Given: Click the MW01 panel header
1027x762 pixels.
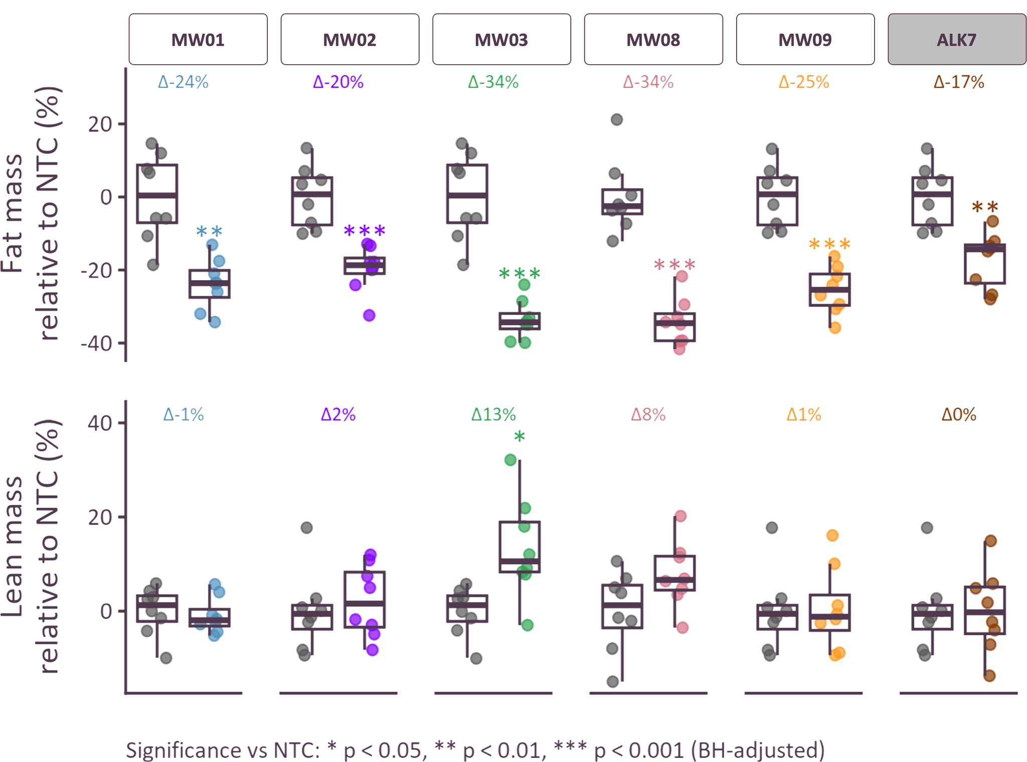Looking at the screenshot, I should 198,40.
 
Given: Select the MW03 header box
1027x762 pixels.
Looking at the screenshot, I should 501,40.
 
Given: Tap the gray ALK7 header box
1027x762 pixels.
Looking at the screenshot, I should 956,40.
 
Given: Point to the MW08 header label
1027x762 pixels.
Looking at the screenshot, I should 653,40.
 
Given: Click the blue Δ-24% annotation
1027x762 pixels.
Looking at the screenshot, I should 183,82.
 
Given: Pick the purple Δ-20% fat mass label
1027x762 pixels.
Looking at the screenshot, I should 338,82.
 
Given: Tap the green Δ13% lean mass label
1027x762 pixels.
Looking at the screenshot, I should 493,415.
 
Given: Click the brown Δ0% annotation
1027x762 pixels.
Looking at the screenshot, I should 959,415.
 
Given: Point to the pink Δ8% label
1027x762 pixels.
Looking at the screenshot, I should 648,415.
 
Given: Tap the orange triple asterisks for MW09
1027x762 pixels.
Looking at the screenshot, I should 829,245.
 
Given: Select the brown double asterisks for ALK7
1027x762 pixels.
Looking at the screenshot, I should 985,207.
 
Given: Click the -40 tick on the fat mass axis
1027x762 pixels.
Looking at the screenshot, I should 101,344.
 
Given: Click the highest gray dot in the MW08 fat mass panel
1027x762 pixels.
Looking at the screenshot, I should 616,119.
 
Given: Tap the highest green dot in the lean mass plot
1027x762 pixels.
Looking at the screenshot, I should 510,460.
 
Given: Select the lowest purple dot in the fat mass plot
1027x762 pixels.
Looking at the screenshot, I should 369,315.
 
